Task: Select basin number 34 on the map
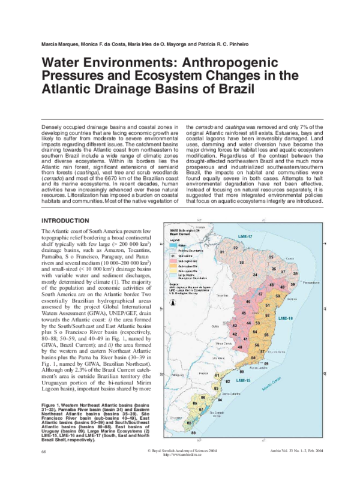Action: (256, 275)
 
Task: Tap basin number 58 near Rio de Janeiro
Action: (253, 358)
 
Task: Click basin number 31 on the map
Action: (221, 252)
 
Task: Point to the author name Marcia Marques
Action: (59, 46)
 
